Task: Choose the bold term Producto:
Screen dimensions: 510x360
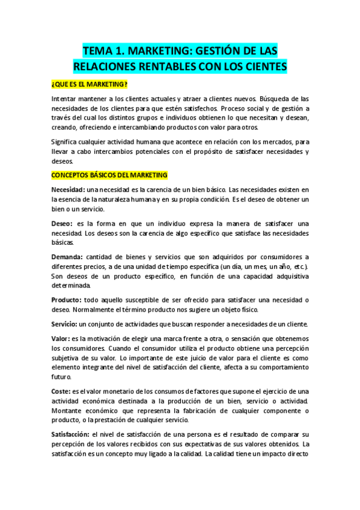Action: click(66, 300)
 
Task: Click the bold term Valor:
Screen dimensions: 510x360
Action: click(60, 339)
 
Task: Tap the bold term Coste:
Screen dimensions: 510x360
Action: click(61, 391)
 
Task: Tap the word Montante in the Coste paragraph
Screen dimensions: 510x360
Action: click(70, 410)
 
